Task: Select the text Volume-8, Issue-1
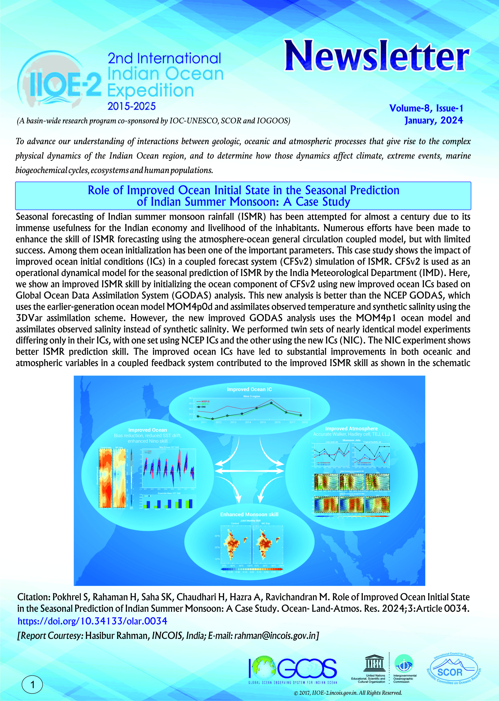tap(426, 108)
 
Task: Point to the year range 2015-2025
tap(132, 106)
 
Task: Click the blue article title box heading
tap(243, 196)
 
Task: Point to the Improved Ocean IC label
tap(249, 389)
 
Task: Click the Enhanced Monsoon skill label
tap(249, 514)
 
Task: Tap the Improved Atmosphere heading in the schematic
tap(351, 428)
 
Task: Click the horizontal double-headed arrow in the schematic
tap(249, 470)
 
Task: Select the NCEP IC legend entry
tap(205, 401)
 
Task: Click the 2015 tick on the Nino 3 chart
tap(263, 422)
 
